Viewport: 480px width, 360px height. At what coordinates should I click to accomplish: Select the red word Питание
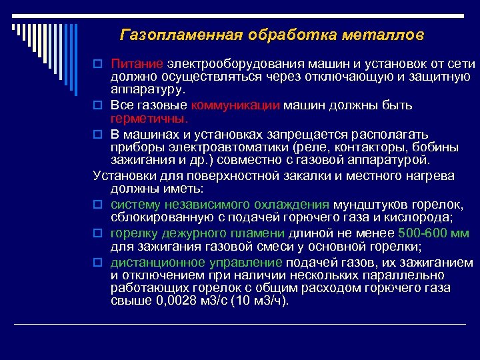[137, 64]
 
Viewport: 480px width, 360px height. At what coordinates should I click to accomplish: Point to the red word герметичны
[149, 118]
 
